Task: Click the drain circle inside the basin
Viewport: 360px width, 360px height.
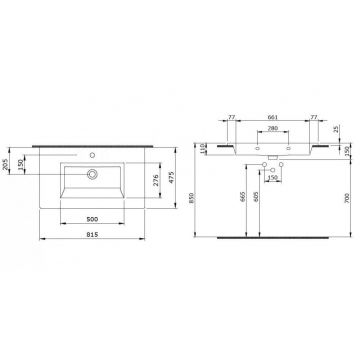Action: pyautogui.click(x=93, y=173)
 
